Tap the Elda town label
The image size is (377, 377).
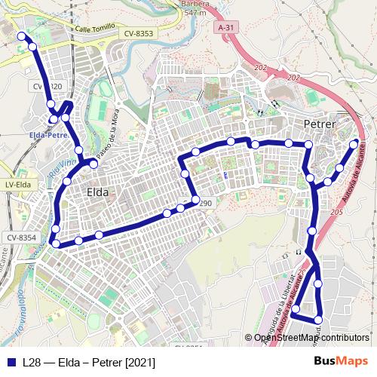(97, 192)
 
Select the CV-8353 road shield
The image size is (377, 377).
(139, 33)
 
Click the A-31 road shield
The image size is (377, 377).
(225, 27)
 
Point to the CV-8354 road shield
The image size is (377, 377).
(21, 238)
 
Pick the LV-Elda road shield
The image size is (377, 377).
(17, 184)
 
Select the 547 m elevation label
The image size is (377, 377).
(195, 13)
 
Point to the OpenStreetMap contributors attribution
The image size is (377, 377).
(311, 337)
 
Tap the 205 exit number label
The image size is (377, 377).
(336, 214)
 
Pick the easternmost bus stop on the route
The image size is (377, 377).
(354, 143)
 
